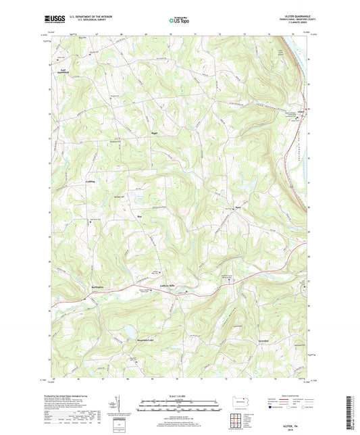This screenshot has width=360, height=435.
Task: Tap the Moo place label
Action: click(139, 216)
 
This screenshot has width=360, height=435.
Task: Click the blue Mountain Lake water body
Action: click(126, 331)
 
